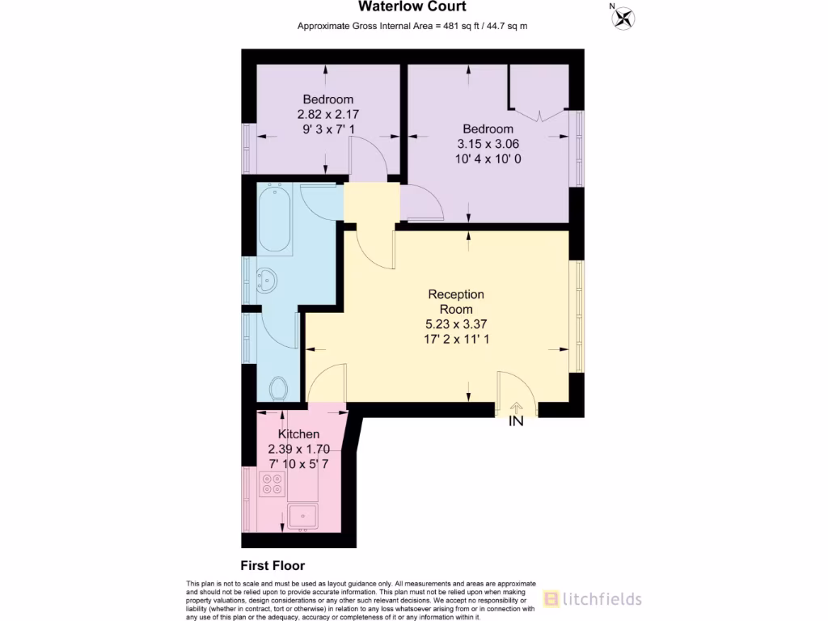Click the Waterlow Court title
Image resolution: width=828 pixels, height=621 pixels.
click(412, 7)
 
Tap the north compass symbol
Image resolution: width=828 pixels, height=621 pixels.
click(623, 18)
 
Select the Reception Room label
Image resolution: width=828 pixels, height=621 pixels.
click(456, 302)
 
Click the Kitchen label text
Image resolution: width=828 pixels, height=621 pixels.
click(298, 434)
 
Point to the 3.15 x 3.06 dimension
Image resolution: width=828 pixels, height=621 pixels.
click(488, 144)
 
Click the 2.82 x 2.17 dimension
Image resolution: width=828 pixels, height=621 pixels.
click(328, 114)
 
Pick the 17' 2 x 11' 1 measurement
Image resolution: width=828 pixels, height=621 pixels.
click(456, 339)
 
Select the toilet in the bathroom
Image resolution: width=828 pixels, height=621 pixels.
click(278, 389)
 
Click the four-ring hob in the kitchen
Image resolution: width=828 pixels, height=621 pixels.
click(272, 484)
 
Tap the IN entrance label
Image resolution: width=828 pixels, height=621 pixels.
click(516, 421)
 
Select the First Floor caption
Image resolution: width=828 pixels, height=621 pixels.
click(272, 566)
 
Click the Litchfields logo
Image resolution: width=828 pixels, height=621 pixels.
click(592, 598)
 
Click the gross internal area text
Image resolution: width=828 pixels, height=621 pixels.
click(412, 26)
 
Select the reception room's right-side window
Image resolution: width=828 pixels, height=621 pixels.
click(577, 315)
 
